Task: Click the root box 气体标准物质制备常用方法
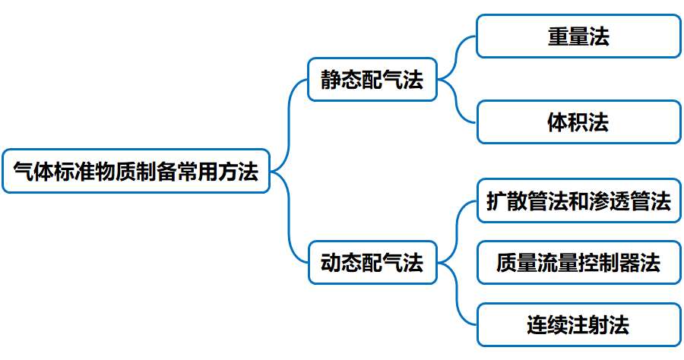pyautogui.click(x=136, y=171)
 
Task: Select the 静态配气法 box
pyautogui.click(x=372, y=79)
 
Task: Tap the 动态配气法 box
pyautogui.click(x=372, y=263)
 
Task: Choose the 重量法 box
pyautogui.click(x=578, y=36)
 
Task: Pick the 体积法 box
pyautogui.click(x=578, y=122)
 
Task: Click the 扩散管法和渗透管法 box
pyautogui.click(x=578, y=201)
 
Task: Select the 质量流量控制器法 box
pyautogui.click(x=578, y=263)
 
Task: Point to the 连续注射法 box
pyautogui.click(x=578, y=325)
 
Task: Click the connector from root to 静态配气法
pyautogui.click(x=290, y=122)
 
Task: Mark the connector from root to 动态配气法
pyautogui.click(x=290, y=220)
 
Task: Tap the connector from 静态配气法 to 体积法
pyautogui.click(x=458, y=103)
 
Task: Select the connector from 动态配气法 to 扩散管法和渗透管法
pyautogui.click(x=457, y=228)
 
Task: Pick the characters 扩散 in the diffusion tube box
pyautogui.click(x=507, y=201)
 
